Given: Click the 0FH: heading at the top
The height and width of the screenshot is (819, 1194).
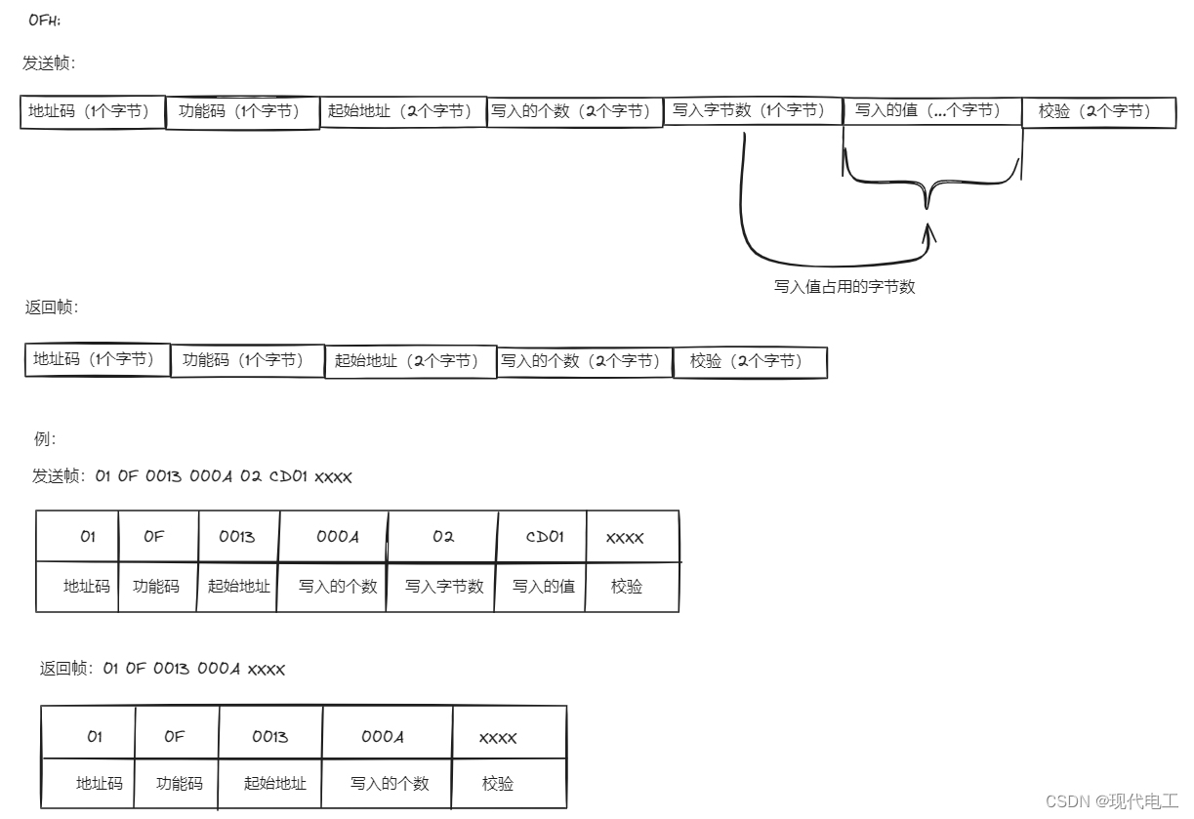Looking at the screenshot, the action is click(44, 20).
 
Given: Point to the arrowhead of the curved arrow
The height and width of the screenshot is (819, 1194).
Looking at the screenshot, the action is click(928, 232).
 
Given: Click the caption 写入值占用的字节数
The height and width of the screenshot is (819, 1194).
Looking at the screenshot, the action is click(844, 287).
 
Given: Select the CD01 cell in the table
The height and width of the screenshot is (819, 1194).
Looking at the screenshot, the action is click(541, 537).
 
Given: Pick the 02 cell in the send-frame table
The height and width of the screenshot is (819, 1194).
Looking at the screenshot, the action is click(442, 537).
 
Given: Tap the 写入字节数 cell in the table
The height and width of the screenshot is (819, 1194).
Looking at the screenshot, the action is click(443, 587).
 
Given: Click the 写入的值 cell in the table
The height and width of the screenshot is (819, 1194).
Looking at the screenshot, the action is click(543, 587).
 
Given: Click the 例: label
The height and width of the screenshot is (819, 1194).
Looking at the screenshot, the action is click(45, 438).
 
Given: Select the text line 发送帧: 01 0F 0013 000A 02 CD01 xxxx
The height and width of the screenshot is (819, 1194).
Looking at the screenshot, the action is click(191, 477).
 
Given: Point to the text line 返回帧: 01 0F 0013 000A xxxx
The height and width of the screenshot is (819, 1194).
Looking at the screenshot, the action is click(162, 669).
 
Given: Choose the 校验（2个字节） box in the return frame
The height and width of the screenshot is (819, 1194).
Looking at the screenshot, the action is click(749, 361).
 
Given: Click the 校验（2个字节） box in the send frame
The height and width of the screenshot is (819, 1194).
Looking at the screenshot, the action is click(1097, 111).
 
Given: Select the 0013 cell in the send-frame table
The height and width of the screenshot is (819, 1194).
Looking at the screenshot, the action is click(237, 537).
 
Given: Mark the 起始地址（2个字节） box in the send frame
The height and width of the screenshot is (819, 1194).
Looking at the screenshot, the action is click(403, 111).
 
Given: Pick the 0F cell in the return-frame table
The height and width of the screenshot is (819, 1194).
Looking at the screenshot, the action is click(176, 736).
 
